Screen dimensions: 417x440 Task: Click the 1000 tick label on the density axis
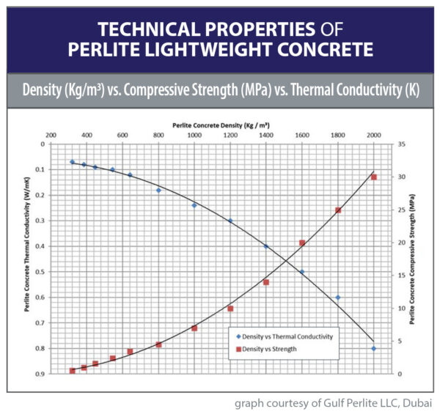194,136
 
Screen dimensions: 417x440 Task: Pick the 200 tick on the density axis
51,136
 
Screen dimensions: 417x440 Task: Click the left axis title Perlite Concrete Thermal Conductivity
27,259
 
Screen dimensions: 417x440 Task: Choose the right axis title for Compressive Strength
412,259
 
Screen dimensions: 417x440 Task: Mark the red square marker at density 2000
373,177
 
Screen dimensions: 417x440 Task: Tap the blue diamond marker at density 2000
373,349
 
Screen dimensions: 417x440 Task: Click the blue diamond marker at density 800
158,190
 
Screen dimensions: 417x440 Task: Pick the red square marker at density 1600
301,243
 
